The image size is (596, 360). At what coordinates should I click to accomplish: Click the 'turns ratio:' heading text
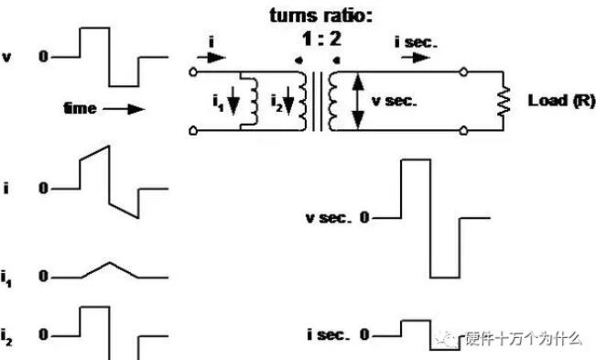(x=321, y=16)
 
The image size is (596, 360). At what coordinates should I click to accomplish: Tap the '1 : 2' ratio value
(x=321, y=38)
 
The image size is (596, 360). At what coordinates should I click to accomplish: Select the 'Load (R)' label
(x=561, y=101)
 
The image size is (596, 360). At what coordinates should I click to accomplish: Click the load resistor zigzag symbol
(x=504, y=101)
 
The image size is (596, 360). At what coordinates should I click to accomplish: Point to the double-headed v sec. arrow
(x=358, y=101)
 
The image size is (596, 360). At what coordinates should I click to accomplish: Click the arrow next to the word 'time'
(x=124, y=110)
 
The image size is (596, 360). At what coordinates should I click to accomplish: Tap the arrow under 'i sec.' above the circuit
(x=416, y=58)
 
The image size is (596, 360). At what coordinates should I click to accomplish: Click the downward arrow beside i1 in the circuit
(x=233, y=101)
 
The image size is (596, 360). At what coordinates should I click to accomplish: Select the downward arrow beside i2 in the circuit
(x=289, y=101)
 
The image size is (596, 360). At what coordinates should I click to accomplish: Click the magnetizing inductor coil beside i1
(x=254, y=101)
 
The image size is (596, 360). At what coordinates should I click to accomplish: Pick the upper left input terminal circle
(x=193, y=71)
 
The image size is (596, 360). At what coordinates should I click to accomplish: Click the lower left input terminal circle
(x=193, y=131)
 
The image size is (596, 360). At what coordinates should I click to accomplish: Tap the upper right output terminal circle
(x=463, y=71)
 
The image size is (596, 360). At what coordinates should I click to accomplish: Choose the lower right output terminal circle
(x=463, y=131)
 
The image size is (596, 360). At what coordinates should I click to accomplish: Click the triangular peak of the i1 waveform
(x=110, y=262)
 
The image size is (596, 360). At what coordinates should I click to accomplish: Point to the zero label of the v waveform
(x=43, y=57)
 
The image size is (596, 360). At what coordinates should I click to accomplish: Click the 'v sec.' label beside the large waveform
(x=329, y=218)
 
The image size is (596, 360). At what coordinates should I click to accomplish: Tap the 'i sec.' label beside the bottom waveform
(x=329, y=335)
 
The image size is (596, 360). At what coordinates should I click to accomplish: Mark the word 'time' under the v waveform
(x=80, y=109)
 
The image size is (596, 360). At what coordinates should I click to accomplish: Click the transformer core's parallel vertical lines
(x=318, y=101)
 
